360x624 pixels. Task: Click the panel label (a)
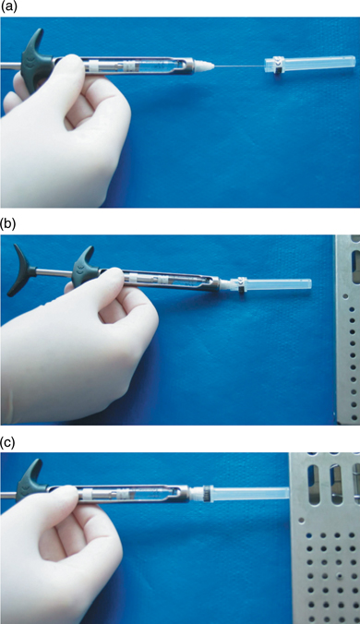[8, 6]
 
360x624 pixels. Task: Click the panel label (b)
[8, 224]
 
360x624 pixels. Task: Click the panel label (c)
[8, 443]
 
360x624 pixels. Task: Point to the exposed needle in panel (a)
[240, 65]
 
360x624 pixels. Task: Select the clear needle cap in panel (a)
[309, 63]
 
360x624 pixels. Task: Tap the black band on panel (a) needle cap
[280, 64]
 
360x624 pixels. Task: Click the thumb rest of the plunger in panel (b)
[20, 270]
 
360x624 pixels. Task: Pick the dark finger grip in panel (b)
[86, 269]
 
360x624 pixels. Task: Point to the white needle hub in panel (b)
[227, 285]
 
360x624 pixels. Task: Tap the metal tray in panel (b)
[348, 330]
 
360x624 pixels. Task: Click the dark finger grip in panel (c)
[31, 476]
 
